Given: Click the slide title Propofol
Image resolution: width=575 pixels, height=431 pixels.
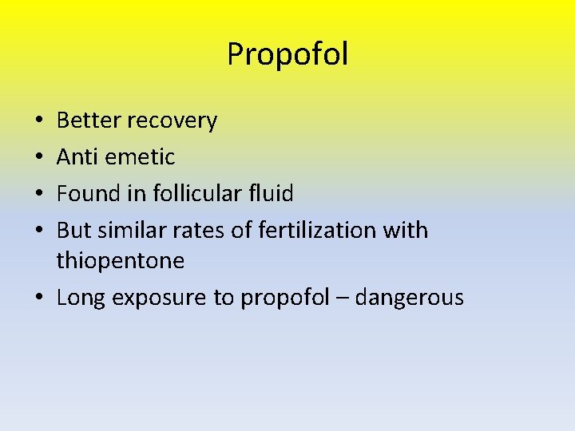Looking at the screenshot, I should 287,55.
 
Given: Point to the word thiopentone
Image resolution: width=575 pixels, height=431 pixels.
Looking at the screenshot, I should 121,261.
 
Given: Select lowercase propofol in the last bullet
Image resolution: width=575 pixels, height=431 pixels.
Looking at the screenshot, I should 285,299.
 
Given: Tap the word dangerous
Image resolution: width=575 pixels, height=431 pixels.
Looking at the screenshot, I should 409,299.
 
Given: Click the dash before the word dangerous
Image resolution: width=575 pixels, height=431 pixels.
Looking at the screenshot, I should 342,299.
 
